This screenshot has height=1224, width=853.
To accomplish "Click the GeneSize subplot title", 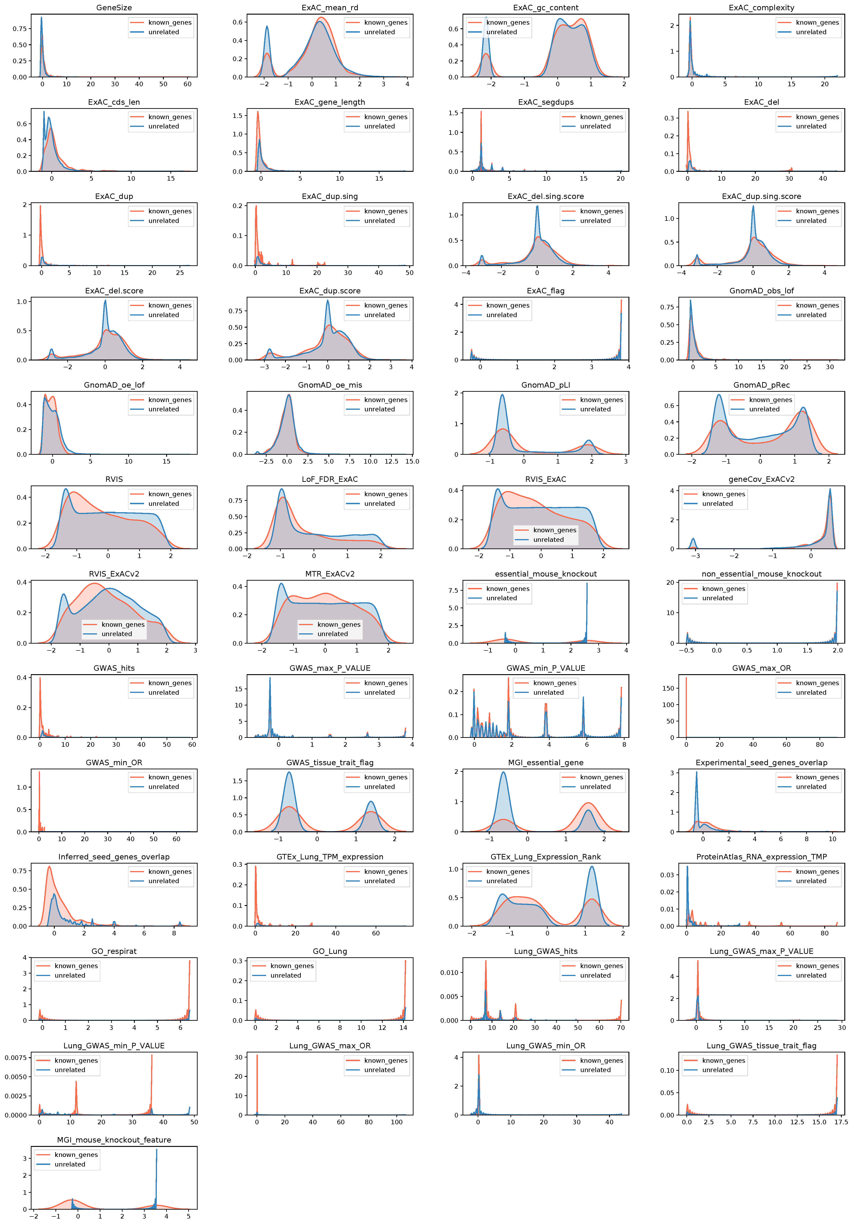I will click(114, 8).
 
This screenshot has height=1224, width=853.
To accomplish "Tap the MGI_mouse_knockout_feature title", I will click(114, 1140).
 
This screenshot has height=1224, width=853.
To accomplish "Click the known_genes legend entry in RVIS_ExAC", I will click(555, 530).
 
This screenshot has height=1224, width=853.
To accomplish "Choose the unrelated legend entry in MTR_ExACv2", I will click(332, 634).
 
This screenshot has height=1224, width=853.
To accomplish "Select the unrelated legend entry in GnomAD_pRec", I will click(764, 410).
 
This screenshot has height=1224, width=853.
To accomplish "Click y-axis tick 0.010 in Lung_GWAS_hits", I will click(449, 972).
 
